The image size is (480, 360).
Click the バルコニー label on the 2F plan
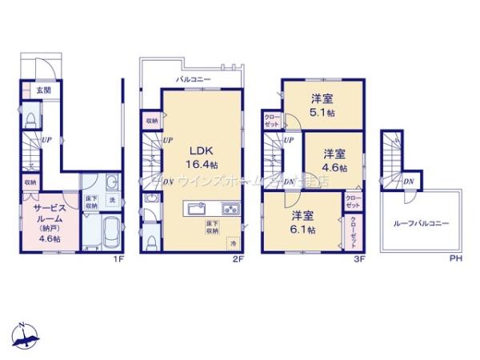coord(194,80)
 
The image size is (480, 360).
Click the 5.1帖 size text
coord(323,114)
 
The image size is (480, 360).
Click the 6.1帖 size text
coord(302,229)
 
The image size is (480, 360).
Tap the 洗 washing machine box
coord(112,198)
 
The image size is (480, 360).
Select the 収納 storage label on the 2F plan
coord(151,121)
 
